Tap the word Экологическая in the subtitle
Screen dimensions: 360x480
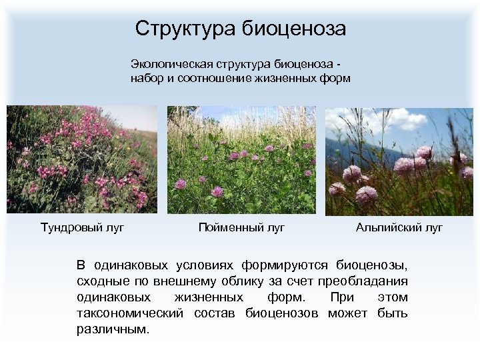[x=171, y=64]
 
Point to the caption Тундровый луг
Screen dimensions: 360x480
[x=82, y=228]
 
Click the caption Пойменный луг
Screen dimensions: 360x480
[x=241, y=228]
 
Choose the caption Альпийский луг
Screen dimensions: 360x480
[x=399, y=228]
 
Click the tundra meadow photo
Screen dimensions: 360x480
[x=82, y=159]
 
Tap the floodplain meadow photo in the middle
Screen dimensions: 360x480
[x=241, y=159]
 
